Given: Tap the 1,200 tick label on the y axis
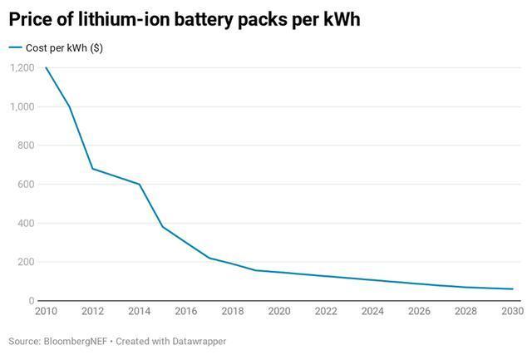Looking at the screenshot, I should [x=22, y=68].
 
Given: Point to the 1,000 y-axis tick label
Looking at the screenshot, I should [x=22, y=107].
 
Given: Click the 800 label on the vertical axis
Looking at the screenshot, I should [x=26, y=145].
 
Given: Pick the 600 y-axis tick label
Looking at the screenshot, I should [x=26, y=185].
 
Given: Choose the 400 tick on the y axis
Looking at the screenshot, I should [x=26, y=224].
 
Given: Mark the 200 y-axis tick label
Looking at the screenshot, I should [x=26, y=262].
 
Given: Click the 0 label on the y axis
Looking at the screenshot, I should [x=31, y=301].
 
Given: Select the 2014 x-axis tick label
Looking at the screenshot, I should [x=139, y=313].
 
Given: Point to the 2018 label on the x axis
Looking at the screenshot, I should [x=233, y=313].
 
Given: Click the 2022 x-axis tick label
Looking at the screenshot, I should [x=326, y=313].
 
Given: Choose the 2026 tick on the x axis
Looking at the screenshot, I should [x=420, y=313].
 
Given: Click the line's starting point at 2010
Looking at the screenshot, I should [x=46, y=68].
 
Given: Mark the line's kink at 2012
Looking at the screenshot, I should [x=92, y=169].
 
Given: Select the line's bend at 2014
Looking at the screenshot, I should [x=139, y=185].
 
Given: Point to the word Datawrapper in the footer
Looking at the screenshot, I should [x=196, y=342].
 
